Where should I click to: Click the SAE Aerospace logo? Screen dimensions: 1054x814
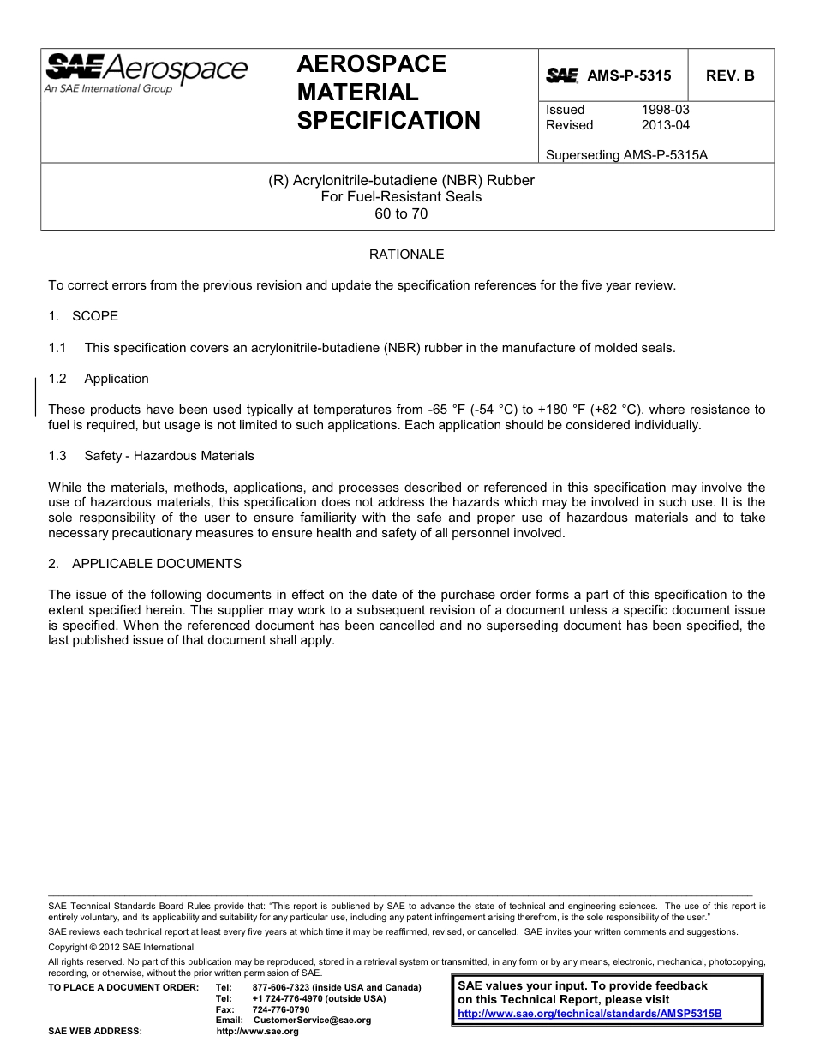(146, 72)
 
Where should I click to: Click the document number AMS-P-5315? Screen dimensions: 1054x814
(628, 75)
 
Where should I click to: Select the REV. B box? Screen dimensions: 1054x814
(730, 75)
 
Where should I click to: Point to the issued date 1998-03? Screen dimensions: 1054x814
(665, 110)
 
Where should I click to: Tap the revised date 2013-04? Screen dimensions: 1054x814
(665, 125)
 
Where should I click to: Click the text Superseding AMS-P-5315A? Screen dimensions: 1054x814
(626, 155)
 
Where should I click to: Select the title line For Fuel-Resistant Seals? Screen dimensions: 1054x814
(401, 197)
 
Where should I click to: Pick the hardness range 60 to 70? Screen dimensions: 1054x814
(401, 214)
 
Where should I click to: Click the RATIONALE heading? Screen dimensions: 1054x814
(406, 255)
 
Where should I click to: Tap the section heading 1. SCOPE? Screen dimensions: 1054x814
(83, 316)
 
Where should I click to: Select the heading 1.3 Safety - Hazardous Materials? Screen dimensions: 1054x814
(151, 456)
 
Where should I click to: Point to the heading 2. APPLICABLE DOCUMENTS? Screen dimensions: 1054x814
(145, 564)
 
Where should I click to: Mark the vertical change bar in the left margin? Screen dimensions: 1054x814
(35, 397)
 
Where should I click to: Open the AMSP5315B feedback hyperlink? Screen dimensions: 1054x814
(590, 1013)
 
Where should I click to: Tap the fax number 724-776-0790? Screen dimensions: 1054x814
(281, 1009)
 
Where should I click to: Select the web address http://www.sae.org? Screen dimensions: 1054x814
(257, 1032)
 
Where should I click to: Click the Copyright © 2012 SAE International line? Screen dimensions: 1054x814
(121, 947)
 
